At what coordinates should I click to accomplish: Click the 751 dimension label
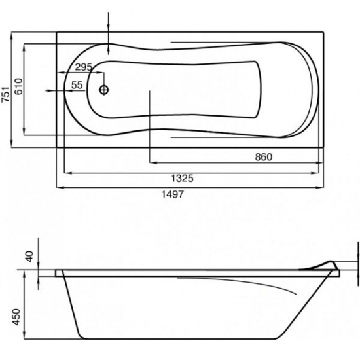click(5, 94)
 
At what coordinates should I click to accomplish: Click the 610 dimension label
click(18, 86)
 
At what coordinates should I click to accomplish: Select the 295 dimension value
click(84, 67)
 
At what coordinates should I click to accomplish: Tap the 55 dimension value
click(77, 85)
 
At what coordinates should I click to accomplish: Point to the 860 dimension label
click(264, 157)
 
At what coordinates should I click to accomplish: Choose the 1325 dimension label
click(183, 178)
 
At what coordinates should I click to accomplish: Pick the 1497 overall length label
click(173, 194)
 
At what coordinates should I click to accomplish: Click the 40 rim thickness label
click(29, 257)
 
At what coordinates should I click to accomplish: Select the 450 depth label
click(16, 317)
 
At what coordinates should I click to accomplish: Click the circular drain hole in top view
click(104, 90)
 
